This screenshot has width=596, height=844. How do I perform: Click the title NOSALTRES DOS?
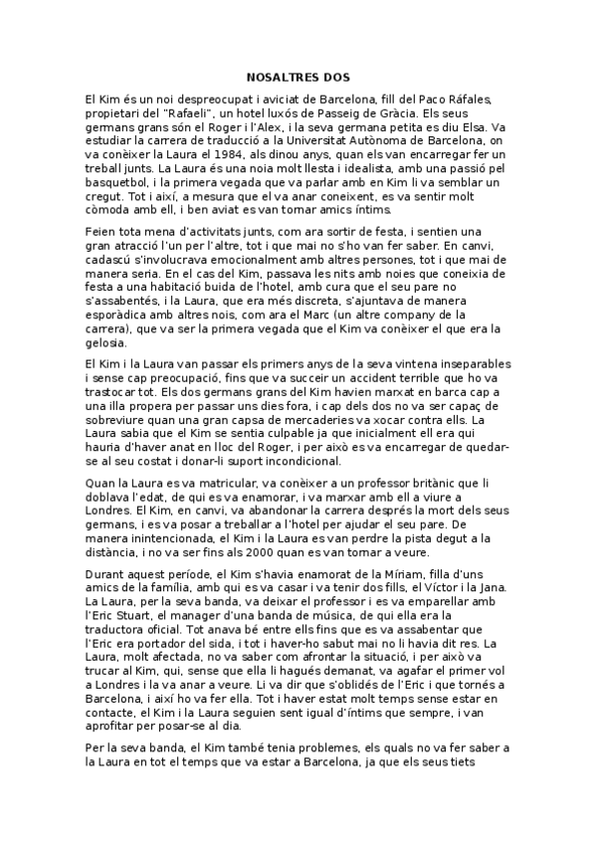coord(298,76)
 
